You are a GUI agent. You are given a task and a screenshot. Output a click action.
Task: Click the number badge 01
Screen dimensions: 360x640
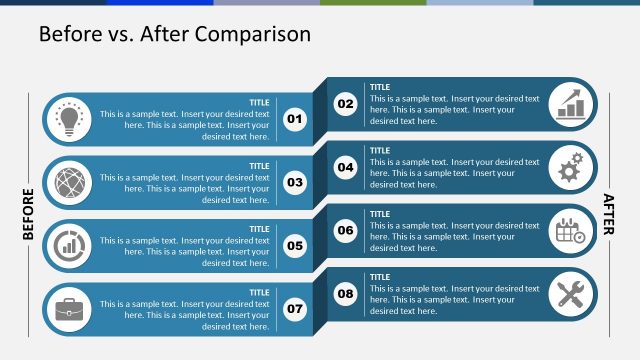click(x=295, y=119)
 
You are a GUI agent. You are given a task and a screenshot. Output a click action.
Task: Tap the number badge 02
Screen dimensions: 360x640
click(x=345, y=104)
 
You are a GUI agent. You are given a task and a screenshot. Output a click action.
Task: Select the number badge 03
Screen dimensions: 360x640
click(x=295, y=182)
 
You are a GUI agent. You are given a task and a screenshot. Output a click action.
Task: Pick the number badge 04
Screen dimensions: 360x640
click(x=345, y=167)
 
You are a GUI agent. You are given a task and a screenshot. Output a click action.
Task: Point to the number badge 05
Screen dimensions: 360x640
click(x=295, y=246)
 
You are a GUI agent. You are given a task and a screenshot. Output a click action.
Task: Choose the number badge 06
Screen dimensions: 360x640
click(x=345, y=231)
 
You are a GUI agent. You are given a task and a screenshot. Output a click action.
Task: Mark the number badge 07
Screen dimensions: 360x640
click(x=295, y=309)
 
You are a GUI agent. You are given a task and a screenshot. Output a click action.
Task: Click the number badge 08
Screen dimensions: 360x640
click(x=345, y=294)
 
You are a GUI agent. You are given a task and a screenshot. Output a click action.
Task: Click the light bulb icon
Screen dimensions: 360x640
click(x=69, y=119)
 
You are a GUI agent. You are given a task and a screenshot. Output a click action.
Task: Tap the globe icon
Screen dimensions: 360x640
click(x=69, y=182)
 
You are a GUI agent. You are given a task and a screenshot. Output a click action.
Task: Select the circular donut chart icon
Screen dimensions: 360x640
click(x=69, y=246)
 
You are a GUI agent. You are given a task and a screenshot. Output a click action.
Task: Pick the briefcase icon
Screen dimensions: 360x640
click(x=69, y=309)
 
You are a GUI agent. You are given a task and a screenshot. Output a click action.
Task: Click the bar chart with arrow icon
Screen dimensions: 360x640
click(x=572, y=104)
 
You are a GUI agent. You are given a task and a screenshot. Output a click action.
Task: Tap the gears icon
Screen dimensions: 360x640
click(x=572, y=167)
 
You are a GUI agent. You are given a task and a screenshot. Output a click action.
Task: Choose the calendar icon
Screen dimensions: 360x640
click(x=572, y=231)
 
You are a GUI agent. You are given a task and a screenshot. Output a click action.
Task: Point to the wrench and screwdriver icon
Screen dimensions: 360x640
click(x=572, y=294)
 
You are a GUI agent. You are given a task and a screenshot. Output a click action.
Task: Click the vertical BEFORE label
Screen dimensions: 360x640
click(x=28, y=214)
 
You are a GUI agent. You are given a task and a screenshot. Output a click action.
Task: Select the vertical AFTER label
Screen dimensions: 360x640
click(x=609, y=214)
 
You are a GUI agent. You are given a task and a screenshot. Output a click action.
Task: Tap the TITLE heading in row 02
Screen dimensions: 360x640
click(x=380, y=87)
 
